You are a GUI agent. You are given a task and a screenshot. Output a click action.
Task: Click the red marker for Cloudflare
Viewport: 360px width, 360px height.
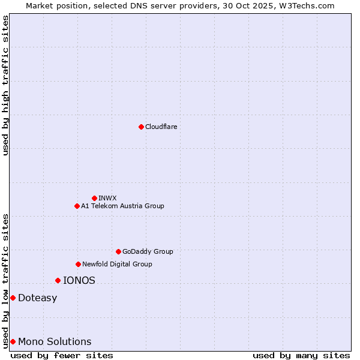click(141, 127)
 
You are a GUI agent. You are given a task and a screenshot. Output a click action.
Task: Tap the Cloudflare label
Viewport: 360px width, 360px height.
click(161, 127)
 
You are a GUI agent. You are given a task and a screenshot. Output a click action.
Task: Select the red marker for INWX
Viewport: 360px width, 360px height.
click(94, 198)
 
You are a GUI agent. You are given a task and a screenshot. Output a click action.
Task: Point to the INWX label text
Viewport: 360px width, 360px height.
click(107, 198)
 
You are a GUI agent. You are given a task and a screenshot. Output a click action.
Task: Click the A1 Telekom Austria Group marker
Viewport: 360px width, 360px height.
click(77, 206)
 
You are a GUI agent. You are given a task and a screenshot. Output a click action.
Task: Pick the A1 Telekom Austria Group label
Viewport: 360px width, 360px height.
click(122, 206)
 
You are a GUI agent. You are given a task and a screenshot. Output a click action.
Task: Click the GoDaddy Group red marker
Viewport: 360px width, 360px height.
click(118, 251)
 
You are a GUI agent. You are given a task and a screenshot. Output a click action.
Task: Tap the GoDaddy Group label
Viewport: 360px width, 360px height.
click(148, 251)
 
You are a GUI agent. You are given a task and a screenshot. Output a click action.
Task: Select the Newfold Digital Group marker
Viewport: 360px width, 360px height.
click(78, 264)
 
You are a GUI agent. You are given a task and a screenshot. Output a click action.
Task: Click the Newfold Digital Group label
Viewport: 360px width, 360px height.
click(117, 264)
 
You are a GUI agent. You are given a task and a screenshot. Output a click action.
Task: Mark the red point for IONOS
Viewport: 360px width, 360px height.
click(58, 280)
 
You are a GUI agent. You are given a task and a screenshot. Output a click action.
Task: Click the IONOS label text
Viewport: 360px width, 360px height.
click(79, 280)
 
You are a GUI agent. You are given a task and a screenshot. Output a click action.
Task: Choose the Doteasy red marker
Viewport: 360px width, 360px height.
click(13, 298)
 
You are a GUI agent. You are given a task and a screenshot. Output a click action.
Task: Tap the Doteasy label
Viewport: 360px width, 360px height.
click(37, 298)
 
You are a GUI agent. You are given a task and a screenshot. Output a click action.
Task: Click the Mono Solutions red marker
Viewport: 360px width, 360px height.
click(13, 341)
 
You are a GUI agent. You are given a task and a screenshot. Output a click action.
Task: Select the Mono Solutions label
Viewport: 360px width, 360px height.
click(55, 342)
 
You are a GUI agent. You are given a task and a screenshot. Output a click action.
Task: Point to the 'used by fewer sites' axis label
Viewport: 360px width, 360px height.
click(62, 355)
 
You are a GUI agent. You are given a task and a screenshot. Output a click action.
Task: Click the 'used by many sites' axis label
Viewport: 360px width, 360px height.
click(301, 355)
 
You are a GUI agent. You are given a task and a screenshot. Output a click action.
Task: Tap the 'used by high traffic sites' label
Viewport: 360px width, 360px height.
click(5, 85)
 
